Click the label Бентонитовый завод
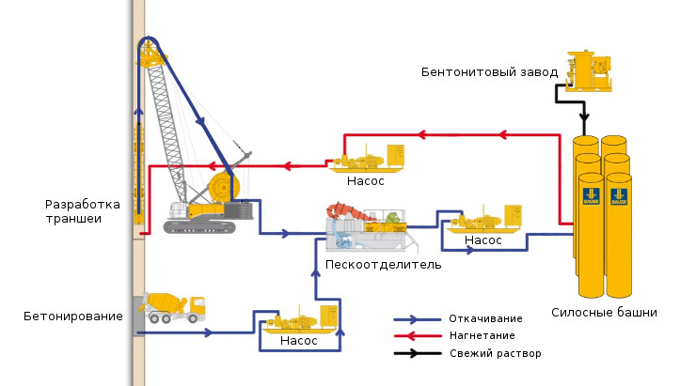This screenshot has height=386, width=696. [489, 71]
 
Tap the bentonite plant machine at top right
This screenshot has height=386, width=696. [590, 70]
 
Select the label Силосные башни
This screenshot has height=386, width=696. [605, 313]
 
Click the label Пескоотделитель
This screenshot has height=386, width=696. [371, 265]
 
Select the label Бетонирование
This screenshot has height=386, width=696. [73, 316]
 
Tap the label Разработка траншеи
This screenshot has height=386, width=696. [83, 211]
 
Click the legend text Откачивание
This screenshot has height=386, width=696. [485, 318]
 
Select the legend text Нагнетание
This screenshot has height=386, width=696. [482, 336]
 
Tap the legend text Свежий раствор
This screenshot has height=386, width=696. [495, 354]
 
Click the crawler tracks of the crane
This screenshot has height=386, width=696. [198, 226]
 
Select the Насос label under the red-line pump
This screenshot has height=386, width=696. [364, 180]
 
